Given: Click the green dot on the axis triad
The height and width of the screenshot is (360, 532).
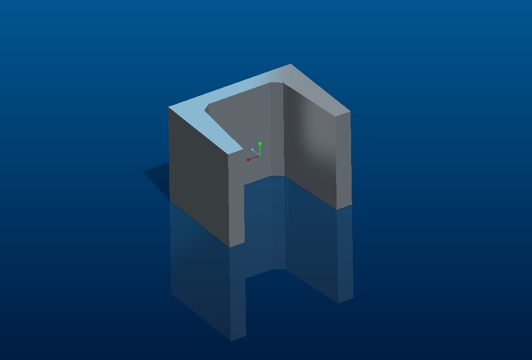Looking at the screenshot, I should (260, 144).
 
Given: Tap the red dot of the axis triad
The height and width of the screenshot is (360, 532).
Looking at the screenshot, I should (248, 160).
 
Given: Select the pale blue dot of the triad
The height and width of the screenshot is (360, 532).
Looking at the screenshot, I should (253, 150).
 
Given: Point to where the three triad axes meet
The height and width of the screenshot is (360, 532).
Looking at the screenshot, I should (259, 156).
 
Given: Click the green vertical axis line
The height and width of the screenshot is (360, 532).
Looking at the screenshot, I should (260, 150).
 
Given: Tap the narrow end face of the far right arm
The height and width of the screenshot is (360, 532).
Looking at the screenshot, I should (343, 160).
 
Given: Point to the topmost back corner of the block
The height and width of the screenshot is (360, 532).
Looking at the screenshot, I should (290, 65).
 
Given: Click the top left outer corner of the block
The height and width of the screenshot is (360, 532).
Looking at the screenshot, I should (169, 107).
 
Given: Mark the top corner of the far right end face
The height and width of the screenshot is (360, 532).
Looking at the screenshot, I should (349, 111).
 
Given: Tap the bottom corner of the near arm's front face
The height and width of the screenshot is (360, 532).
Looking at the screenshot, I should (230, 246).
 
